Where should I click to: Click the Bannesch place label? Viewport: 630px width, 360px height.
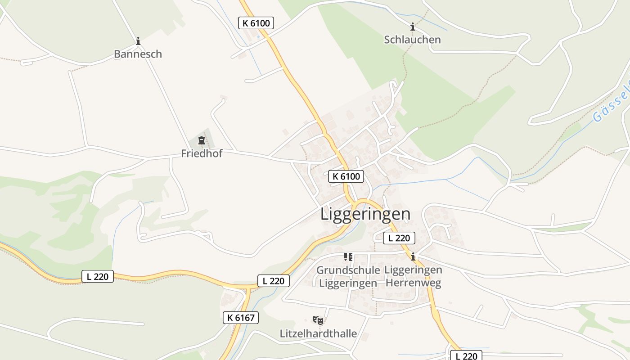tap(138, 54)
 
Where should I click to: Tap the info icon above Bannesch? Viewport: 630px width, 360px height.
tap(138, 41)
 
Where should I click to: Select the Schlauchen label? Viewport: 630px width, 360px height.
tap(412, 40)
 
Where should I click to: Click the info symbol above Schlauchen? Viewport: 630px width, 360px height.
tap(412, 27)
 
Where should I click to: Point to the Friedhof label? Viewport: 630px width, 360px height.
tap(202, 153)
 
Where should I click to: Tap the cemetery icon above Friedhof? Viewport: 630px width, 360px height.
tap(202, 140)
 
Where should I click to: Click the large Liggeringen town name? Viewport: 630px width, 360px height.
tap(365, 214)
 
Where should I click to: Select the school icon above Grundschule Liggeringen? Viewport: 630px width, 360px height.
tap(348, 257)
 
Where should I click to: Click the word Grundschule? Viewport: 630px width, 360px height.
tap(348, 270)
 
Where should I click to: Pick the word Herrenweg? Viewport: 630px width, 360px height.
tap(414, 283)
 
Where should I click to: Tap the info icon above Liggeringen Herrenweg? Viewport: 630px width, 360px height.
tap(413, 257)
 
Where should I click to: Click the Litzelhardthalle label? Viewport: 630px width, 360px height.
tap(318, 333)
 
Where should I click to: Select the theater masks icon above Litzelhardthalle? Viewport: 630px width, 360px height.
tap(318, 320)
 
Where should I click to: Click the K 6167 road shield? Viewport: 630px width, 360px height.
tap(241, 318)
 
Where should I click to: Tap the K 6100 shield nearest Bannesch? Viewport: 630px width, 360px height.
tap(256, 23)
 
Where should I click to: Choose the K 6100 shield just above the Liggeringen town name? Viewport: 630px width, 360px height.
tap(346, 176)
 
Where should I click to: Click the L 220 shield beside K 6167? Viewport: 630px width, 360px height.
tap(273, 281)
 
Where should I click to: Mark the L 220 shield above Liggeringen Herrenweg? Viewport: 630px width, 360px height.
tap(399, 238)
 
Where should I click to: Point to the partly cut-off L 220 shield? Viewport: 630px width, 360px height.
tap(466, 355)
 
